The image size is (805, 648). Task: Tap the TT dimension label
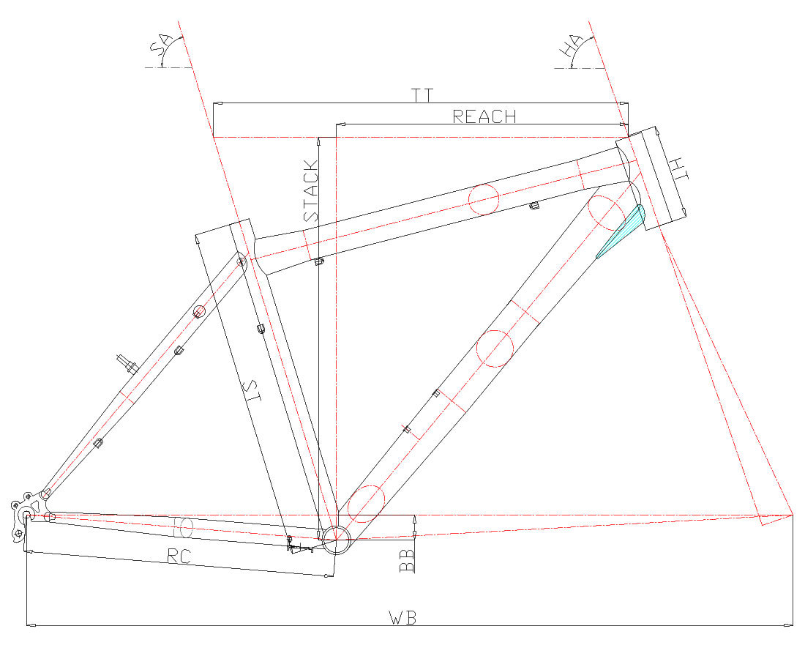tap(422, 95)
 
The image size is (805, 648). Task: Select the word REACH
tap(484, 116)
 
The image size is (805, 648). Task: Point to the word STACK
tap(310, 191)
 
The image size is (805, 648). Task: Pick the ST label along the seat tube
tap(253, 391)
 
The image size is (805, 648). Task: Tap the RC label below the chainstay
tap(179, 556)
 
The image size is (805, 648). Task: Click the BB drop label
tap(407, 560)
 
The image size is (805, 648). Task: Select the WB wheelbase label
tap(402, 617)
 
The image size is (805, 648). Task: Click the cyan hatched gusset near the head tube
tap(622, 231)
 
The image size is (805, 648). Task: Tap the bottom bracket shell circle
tap(336, 540)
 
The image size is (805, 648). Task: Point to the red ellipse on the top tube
tap(484, 199)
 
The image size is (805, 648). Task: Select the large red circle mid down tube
tap(495, 348)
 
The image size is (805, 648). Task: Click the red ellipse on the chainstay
tap(183, 527)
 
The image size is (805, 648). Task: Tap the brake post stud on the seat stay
tap(127, 363)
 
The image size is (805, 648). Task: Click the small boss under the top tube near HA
tap(534, 206)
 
